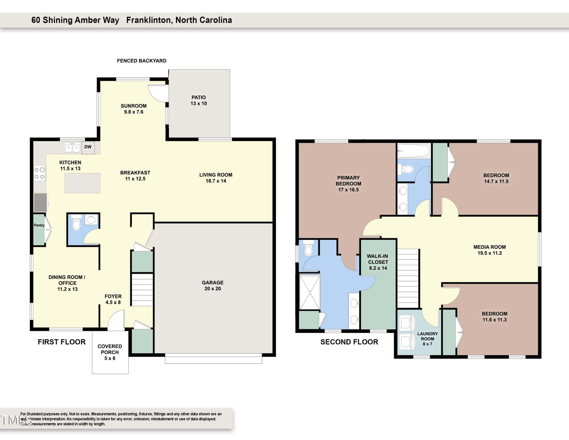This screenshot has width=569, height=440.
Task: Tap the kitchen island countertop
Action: tap(83, 183)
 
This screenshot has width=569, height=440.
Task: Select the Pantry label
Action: tap(39, 225)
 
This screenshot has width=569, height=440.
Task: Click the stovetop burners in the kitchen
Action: tap(40, 173)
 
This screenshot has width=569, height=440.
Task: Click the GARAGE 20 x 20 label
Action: tap(212, 286)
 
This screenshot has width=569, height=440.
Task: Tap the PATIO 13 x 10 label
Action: tap(198, 100)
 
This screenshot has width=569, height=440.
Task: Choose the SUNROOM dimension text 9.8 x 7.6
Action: tap(134, 112)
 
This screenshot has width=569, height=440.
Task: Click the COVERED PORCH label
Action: tap(110, 349)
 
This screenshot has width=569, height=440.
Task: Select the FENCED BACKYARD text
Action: tap(141, 61)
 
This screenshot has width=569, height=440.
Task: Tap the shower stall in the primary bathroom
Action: tap(310, 292)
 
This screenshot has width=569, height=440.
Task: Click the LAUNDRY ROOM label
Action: tap(428, 336)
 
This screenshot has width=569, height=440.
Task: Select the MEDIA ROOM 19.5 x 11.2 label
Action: tap(489, 250)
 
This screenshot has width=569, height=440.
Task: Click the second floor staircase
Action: tap(408, 278)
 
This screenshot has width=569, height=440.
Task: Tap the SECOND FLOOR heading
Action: tap(349, 342)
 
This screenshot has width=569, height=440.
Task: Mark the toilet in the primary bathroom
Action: tap(308, 248)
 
